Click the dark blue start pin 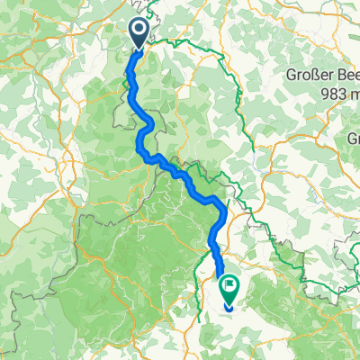tap(139, 33)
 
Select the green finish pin tap(229, 291)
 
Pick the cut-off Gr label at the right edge tap(352, 140)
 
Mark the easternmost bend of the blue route tap(222, 210)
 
